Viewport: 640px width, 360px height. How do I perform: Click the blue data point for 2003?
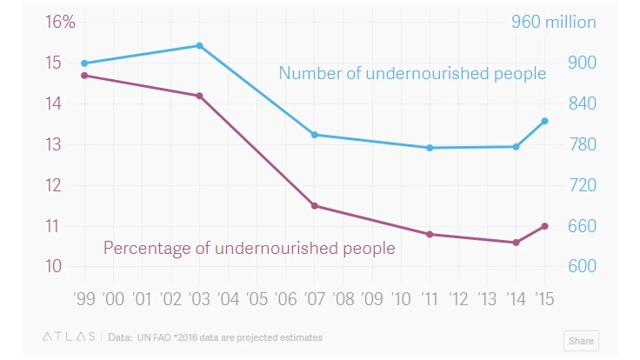pyautogui.click(x=199, y=45)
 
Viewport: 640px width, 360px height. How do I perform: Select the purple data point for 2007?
pyautogui.click(x=315, y=206)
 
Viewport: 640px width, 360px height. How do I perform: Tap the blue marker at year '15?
pyautogui.click(x=545, y=121)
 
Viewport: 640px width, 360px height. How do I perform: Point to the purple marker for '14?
pyautogui.click(x=517, y=243)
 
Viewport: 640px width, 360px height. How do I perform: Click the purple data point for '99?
pyautogui.click(x=84, y=76)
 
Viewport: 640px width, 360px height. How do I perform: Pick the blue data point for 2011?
pyautogui.click(x=430, y=148)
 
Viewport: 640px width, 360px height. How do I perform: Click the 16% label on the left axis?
pyautogui.click(x=60, y=23)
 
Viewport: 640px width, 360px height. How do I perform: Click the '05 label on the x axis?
pyautogui.click(x=257, y=299)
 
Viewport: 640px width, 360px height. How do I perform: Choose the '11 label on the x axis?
pyautogui.click(x=430, y=299)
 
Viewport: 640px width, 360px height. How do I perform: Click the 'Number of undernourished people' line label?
pyautogui.click(x=412, y=73)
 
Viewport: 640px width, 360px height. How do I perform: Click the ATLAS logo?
pyautogui.click(x=70, y=337)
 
